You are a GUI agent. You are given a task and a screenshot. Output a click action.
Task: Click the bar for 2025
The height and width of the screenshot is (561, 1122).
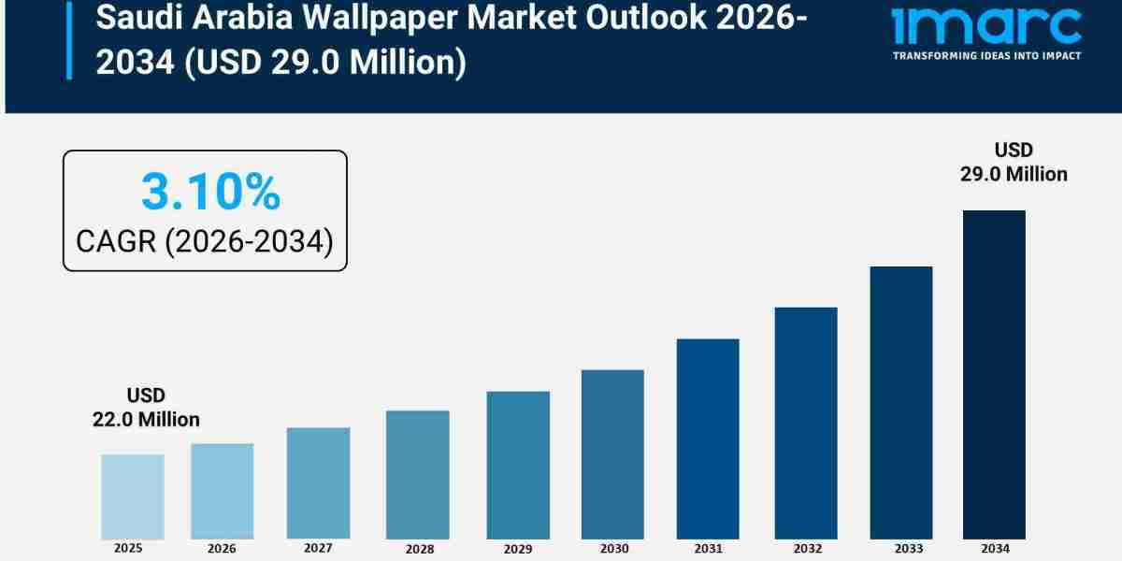pos(132,496)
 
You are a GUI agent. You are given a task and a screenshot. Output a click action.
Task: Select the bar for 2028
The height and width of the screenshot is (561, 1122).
pos(417,475)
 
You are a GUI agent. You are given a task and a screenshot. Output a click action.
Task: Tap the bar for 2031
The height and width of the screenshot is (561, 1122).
pos(708,439)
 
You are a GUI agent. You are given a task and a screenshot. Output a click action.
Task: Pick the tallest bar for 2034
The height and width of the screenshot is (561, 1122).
pos(994,374)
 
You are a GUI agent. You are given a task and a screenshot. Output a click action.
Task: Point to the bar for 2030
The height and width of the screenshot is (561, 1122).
pos(612,454)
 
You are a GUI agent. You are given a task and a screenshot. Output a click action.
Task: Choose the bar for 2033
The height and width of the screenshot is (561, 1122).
pos(900,402)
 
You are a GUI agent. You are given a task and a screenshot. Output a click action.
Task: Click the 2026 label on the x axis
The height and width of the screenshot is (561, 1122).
pos(222,548)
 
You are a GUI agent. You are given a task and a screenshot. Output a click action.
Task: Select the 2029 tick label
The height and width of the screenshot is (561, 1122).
pos(518,549)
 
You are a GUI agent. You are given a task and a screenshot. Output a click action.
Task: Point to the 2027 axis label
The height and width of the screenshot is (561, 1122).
pos(318,548)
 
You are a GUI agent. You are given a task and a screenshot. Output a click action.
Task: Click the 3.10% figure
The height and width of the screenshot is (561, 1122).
pos(210,193)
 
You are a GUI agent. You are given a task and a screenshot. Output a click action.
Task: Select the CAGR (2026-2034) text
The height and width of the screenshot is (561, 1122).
pos(205,241)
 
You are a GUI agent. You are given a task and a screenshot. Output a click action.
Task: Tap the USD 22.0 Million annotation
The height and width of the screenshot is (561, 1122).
pos(146,408)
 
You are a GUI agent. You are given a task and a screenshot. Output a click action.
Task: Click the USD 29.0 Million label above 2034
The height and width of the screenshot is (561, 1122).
pos(1014,162)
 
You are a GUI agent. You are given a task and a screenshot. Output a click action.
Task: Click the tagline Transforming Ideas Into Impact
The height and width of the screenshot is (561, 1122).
pos(986,56)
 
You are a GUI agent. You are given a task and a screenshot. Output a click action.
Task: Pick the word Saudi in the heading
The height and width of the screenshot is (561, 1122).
pos(127,17)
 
